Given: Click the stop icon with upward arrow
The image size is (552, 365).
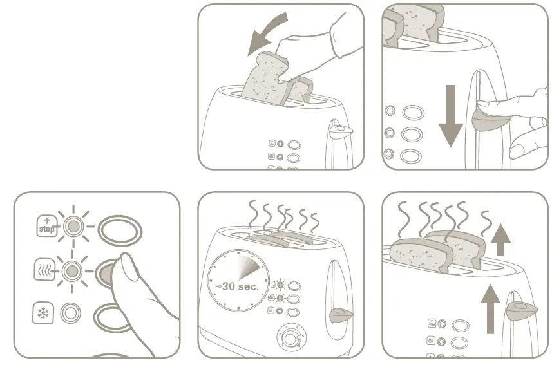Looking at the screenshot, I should coord(45,227).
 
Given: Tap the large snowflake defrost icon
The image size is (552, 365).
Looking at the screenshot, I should coord(44,314).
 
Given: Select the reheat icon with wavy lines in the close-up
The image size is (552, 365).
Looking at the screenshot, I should coord(44,270).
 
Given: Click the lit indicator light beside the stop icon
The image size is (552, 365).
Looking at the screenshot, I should coord(73,227).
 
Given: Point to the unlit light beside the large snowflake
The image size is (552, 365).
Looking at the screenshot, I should coord(71,314).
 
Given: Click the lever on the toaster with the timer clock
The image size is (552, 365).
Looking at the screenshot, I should coord(339,315).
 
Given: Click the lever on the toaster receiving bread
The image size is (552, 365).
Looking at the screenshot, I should coord(339,131).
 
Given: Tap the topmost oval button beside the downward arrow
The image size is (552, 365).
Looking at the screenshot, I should coord(413,113).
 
